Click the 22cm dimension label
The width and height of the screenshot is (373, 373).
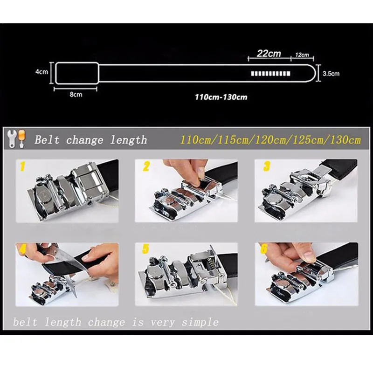point(269,53)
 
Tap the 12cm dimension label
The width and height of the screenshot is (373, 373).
point(302,55)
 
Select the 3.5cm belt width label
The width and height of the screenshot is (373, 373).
point(331,74)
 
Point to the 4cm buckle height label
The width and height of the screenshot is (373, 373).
point(41,72)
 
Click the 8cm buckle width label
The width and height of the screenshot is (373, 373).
point(76,95)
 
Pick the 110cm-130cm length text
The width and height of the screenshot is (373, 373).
point(221,97)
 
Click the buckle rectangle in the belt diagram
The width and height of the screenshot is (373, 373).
point(77,73)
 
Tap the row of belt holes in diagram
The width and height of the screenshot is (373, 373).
point(271,74)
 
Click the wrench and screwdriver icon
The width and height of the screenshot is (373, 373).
point(16,138)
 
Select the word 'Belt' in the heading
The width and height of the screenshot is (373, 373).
point(47,139)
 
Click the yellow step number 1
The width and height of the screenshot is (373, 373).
point(22,166)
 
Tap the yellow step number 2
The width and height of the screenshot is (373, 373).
point(146,166)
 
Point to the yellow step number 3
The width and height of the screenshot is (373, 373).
point(267,166)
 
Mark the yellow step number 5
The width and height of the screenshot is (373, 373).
point(145,249)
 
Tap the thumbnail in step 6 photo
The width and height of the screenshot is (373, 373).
point(310,256)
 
